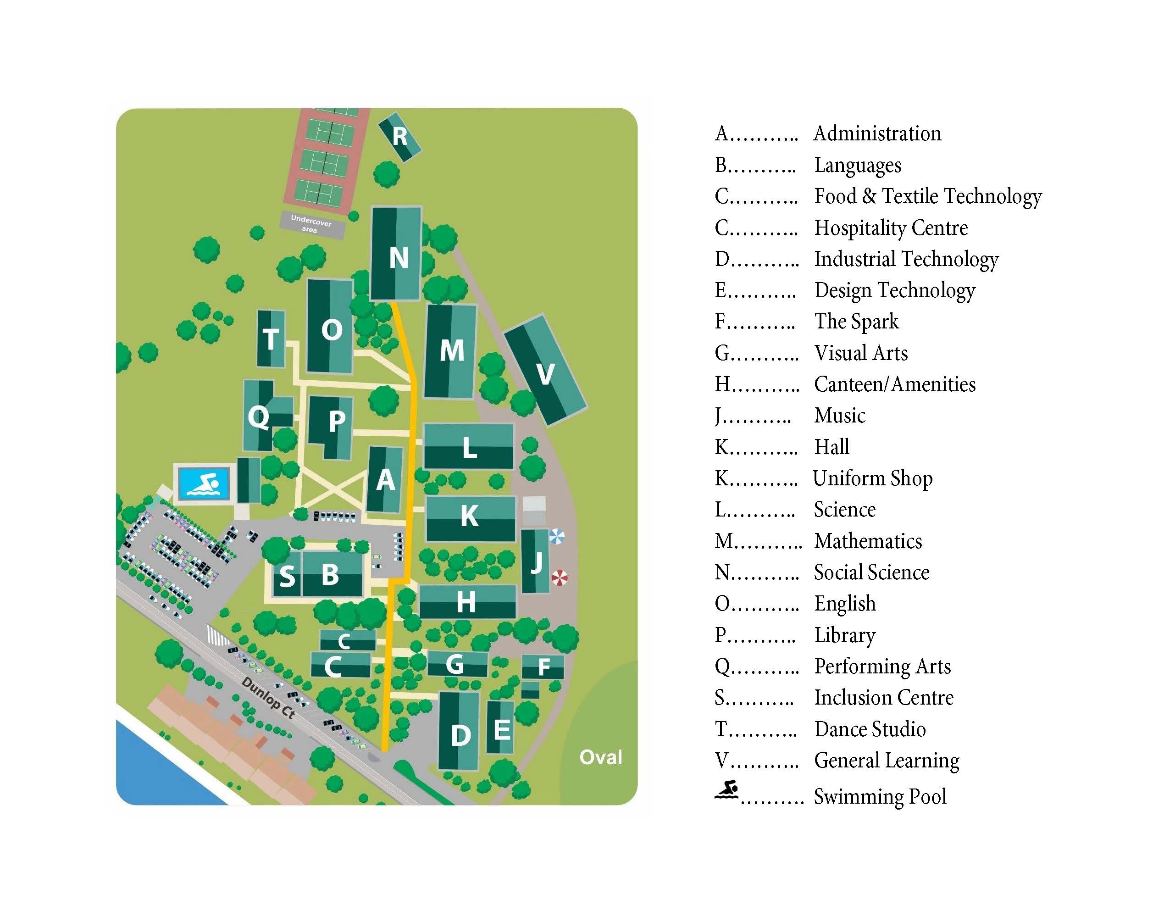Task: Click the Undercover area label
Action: [311, 224]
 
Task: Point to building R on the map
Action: [399, 137]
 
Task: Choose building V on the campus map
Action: [545, 373]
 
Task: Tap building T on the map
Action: [270, 339]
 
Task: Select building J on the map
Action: [536, 561]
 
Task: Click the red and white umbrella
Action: [560, 578]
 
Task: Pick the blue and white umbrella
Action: [556, 537]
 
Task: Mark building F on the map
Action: [543, 667]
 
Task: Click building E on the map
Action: [501, 729]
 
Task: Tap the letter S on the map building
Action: [287, 577]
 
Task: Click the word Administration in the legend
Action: [877, 133]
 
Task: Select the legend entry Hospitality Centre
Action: [890, 228]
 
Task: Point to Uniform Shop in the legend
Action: [872, 478]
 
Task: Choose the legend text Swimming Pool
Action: [880, 796]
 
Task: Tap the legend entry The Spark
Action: [856, 322]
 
